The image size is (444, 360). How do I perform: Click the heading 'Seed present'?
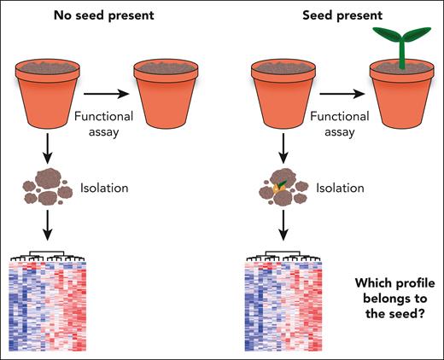click(x=301, y=15)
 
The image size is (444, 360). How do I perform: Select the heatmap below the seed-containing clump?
click(x=283, y=307)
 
